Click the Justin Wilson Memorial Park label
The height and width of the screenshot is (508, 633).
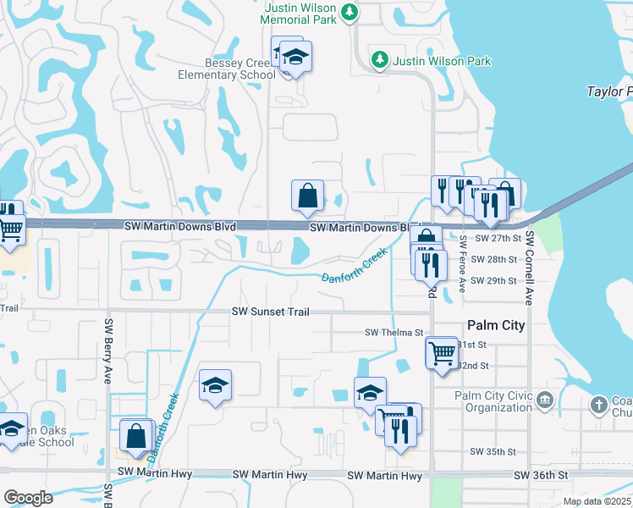point(302,13)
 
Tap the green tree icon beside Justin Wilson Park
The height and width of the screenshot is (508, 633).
point(380,61)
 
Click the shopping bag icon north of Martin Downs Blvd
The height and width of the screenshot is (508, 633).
point(308,196)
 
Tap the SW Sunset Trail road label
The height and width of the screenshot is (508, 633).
point(271,312)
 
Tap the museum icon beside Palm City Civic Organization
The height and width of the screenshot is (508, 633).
point(544,400)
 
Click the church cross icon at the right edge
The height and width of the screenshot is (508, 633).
point(599,405)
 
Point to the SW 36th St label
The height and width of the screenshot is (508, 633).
point(541,476)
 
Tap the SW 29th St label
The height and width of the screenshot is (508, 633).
point(493,280)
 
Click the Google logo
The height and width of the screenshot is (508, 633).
point(28,498)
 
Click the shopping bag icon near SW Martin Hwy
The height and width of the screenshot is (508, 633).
point(136,436)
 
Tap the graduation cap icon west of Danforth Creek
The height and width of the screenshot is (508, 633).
point(216,386)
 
